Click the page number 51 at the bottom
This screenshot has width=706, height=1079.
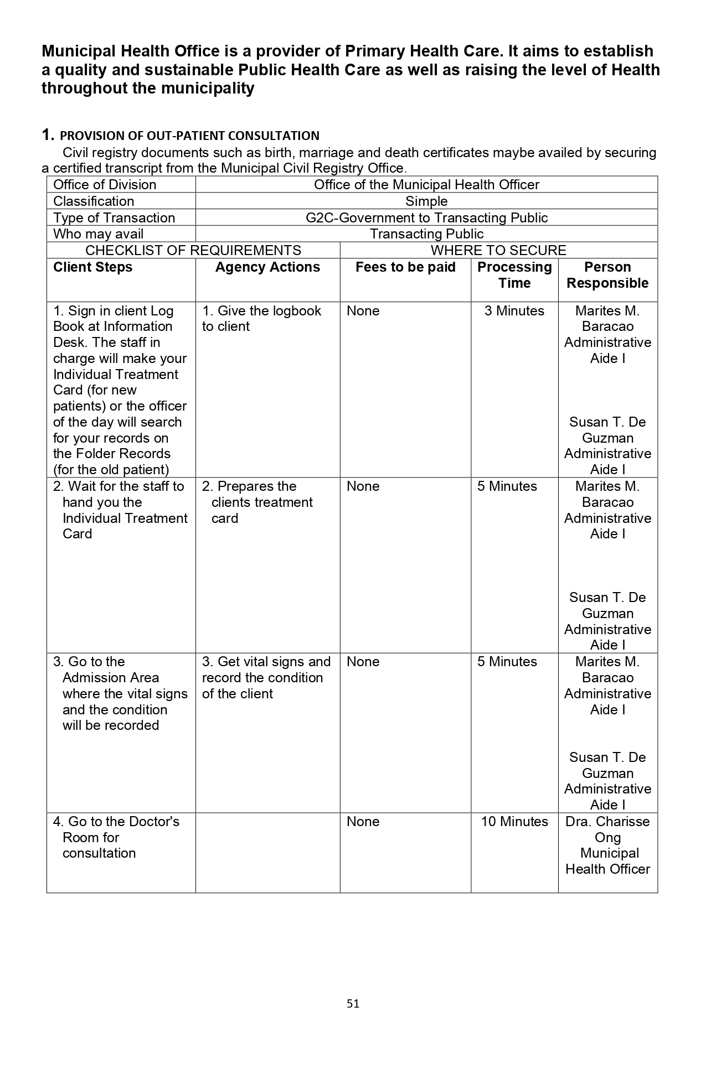pos(353,1003)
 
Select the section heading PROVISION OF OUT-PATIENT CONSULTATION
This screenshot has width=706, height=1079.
pos(189,136)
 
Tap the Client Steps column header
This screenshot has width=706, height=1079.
pos(93,267)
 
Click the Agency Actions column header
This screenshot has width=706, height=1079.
pos(267,267)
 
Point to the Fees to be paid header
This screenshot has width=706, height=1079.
pos(405,267)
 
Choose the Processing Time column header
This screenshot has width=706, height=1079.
pos(514,275)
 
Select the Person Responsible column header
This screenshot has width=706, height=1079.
pos(607,275)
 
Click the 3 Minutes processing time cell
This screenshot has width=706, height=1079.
pos(514,311)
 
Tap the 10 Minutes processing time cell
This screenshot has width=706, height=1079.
pos(514,822)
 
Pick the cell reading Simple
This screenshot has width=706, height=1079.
pos(426,201)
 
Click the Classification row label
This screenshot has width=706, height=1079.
pos(94,201)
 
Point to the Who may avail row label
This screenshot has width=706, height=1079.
pos(98,234)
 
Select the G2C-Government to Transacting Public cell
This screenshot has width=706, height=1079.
pos(426,218)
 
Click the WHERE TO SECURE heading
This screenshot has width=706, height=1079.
pos(498,251)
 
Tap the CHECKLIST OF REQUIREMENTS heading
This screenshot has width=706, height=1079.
pos(193,251)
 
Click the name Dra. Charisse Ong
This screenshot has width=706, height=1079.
pos(607,829)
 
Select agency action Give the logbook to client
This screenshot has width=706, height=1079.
pos(261,319)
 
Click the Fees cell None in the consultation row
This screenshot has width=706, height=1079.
pos(363,822)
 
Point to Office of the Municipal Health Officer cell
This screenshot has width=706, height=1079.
pos(426,185)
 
